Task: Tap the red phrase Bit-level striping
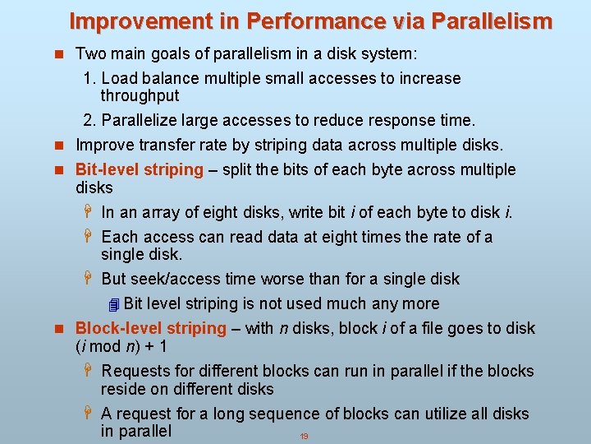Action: [x=139, y=170]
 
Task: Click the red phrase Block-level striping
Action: [x=150, y=329]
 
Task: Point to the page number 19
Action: [x=304, y=437]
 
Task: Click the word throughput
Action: [x=140, y=96]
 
